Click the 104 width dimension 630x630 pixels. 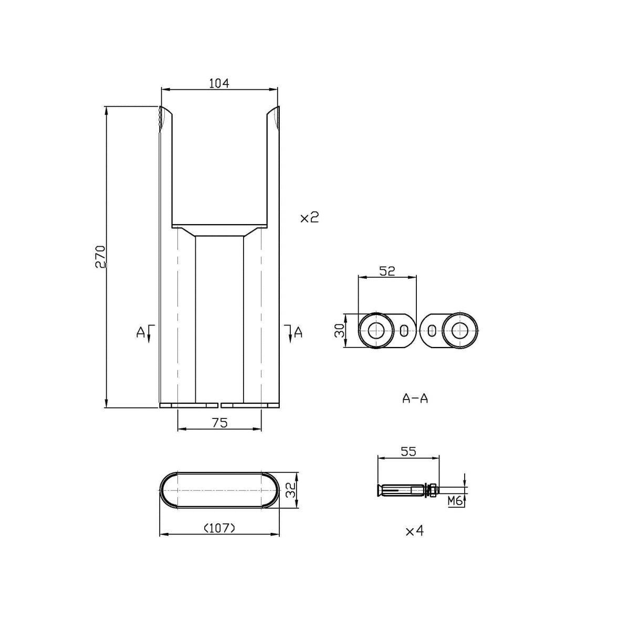[219, 83]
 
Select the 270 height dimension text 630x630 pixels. [100, 257]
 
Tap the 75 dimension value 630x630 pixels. [219, 423]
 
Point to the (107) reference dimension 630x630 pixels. [219, 528]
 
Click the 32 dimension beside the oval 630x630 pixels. [290, 489]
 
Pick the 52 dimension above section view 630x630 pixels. [387, 271]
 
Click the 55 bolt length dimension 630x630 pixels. [408, 451]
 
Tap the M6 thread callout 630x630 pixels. [455, 500]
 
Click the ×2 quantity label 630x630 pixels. [309, 217]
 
